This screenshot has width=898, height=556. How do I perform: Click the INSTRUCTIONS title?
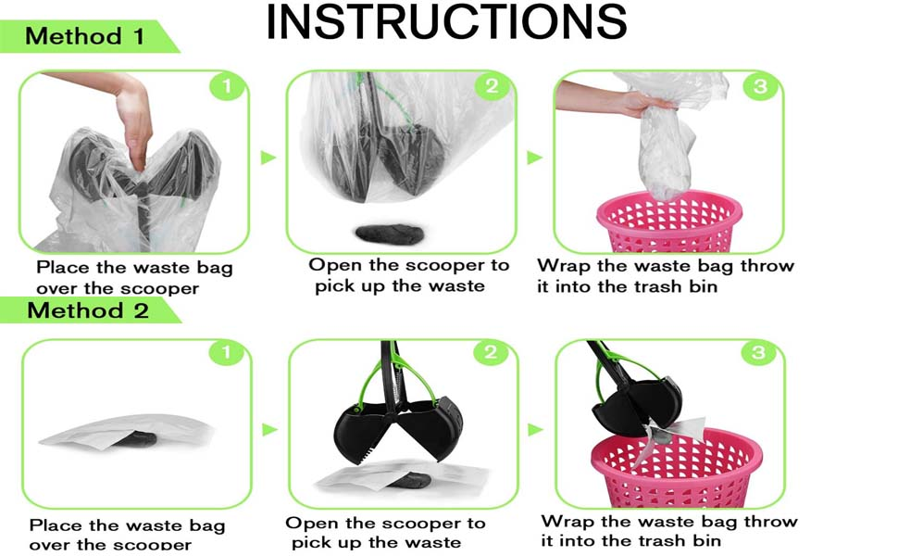tap(446, 22)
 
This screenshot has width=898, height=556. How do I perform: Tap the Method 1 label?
tap(85, 37)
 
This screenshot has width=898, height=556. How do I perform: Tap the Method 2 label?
tap(88, 310)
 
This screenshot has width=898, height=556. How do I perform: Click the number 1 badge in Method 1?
tap(227, 86)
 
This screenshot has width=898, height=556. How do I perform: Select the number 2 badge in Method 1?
tap(492, 86)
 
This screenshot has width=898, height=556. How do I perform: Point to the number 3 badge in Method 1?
tap(760, 86)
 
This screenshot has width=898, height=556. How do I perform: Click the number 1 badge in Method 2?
tap(226, 351)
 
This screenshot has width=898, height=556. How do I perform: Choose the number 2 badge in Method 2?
tap(491, 351)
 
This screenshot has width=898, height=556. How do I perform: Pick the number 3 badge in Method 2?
tap(758, 351)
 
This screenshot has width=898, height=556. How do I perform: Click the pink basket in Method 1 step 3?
tap(669, 221)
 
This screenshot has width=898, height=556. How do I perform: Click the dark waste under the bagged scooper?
tap(390, 234)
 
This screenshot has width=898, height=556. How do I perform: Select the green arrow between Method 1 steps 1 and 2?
tap(268, 157)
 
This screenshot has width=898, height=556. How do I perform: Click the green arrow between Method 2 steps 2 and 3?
tap(535, 429)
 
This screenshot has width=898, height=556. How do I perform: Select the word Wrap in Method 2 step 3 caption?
tap(567, 521)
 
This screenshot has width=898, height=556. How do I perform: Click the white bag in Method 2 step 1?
tap(127, 431)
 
